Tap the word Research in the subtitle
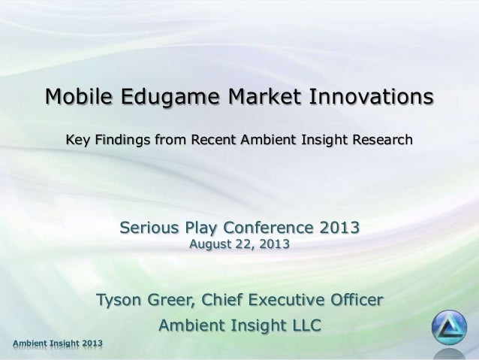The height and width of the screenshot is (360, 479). click(380, 140)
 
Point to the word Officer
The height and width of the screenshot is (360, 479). click(358, 301)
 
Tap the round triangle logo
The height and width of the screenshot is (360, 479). click(449, 328)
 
